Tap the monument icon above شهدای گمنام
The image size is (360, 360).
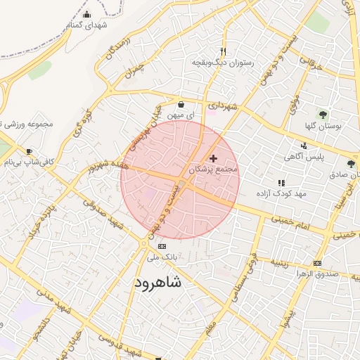click(x=86, y=15)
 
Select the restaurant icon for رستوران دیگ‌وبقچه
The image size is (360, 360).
click(x=223, y=51)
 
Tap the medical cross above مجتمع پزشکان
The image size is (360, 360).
click(x=213, y=159)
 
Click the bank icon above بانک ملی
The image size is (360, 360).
click(x=162, y=247)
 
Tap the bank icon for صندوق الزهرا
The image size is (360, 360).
click(x=318, y=263)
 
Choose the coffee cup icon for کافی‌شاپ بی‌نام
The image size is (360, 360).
click(x=29, y=151)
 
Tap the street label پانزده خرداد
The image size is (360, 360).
click(x=44, y=220)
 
